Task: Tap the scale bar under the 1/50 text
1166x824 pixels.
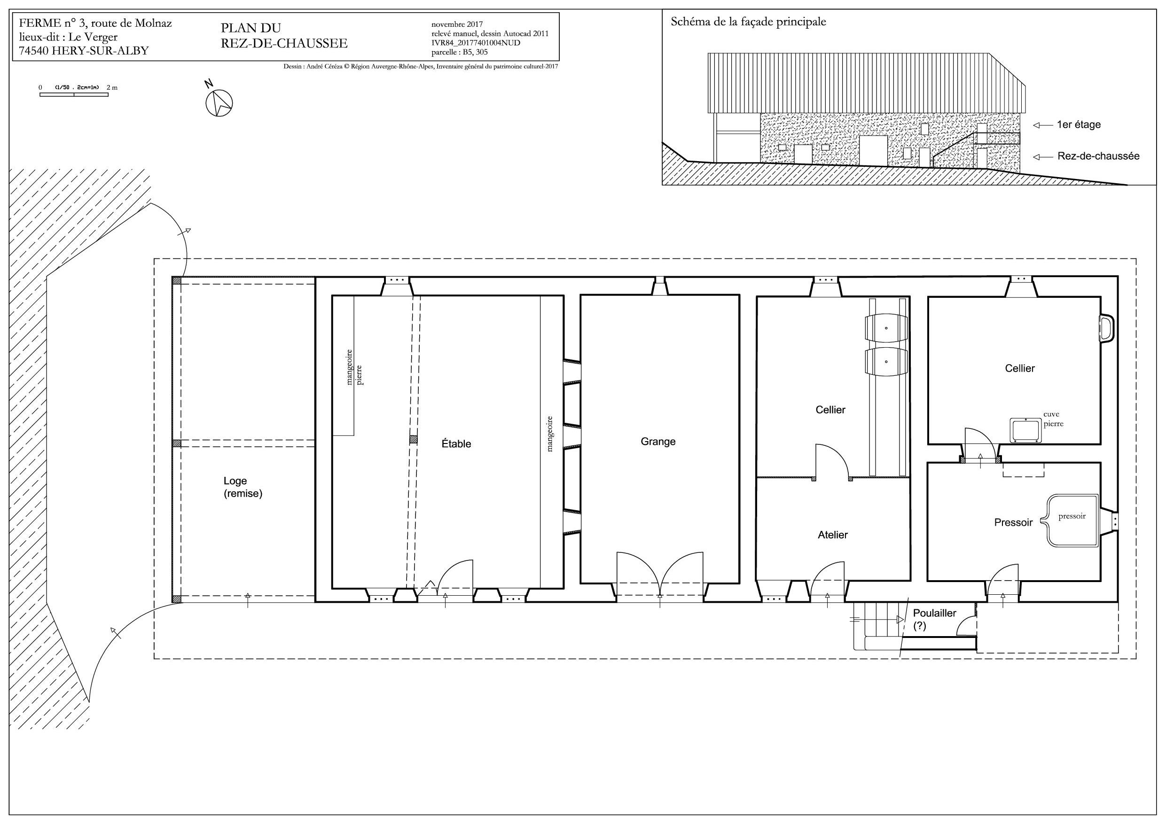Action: (x=74, y=95)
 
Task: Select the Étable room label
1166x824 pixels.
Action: (x=456, y=444)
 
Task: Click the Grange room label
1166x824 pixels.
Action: (x=658, y=442)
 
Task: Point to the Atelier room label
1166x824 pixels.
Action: (x=833, y=535)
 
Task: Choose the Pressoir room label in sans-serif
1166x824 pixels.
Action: (x=1014, y=522)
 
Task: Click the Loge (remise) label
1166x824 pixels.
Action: (x=243, y=487)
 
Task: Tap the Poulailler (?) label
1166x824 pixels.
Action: (x=934, y=619)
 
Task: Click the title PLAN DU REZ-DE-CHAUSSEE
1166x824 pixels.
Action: (x=284, y=36)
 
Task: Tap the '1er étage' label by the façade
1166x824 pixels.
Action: (x=1079, y=125)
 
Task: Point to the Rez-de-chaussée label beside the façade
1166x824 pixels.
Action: (x=1098, y=156)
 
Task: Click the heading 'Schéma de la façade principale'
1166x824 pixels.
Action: (x=749, y=22)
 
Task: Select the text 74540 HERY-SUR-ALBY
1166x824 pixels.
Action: (x=84, y=51)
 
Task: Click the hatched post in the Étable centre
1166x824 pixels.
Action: (x=414, y=440)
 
